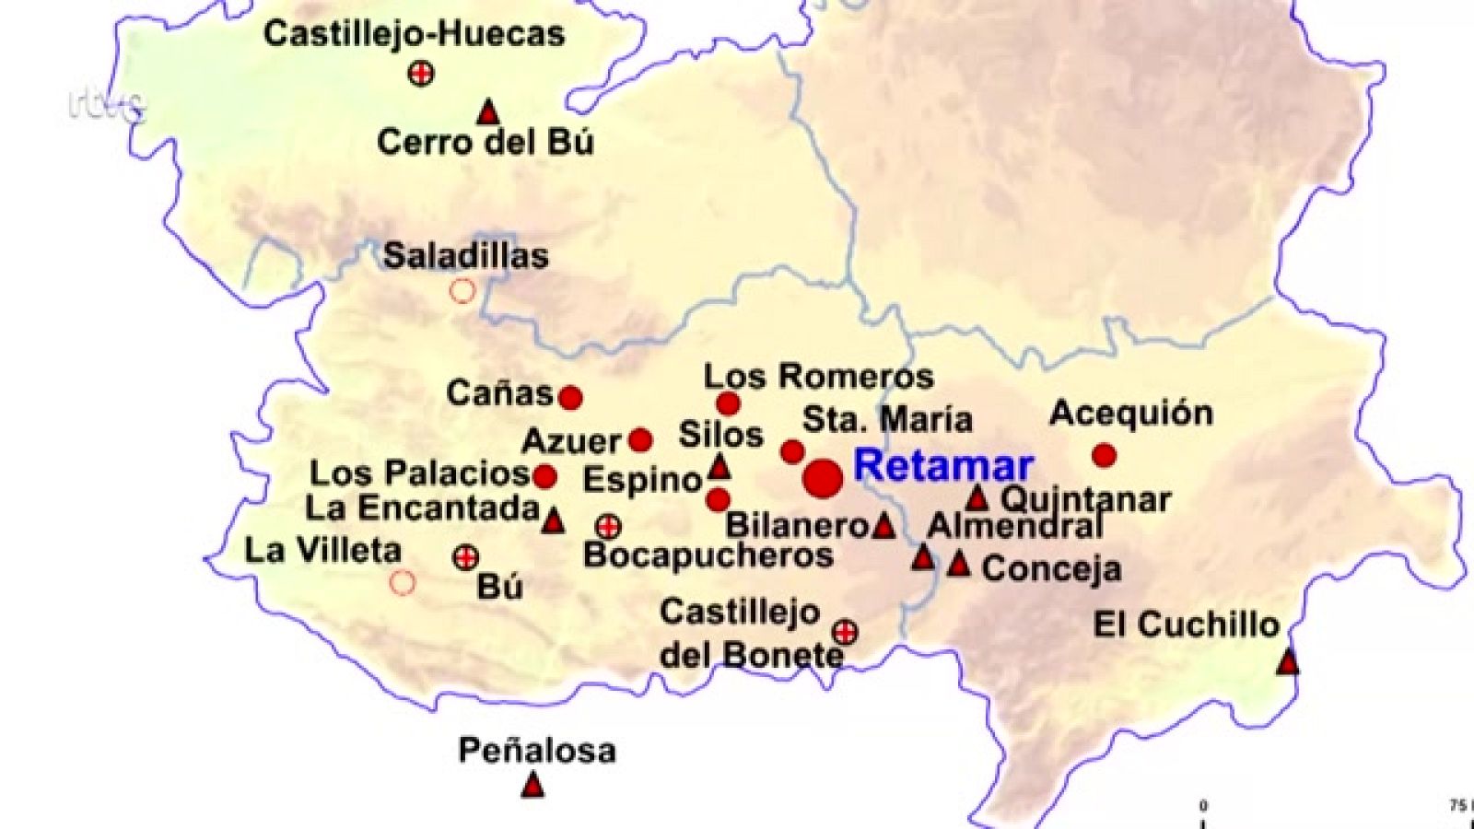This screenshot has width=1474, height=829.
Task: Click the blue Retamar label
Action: tap(943, 466)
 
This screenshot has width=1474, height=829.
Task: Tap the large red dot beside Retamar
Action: tap(823, 479)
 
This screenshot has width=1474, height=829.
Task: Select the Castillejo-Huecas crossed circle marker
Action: tap(421, 73)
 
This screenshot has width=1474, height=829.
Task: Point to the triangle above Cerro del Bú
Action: tap(488, 113)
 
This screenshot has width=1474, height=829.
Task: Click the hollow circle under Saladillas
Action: tap(462, 291)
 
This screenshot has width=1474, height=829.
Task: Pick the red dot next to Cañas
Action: tap(570, 398)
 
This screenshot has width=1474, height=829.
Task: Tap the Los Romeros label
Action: tap(818, 377)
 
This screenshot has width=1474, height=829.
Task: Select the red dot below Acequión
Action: tap(1104, 455)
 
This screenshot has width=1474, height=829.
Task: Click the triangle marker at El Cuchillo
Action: tap(1288, 661)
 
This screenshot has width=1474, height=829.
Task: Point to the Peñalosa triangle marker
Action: tap(532, 786)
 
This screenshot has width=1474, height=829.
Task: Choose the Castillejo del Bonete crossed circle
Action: tap(845, 632)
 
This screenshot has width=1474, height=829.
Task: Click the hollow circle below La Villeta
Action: tap(403, 582)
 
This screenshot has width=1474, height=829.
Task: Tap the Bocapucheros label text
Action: tap(708, 555)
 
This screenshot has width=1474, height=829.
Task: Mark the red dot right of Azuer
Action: tap(640, 440)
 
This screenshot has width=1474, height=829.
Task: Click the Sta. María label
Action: tap(887, 420)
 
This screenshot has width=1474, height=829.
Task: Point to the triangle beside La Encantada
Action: tap(553, 521)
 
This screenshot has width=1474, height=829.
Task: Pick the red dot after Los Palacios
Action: tap(544, 476)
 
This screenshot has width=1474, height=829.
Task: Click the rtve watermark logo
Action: tap(107, 103)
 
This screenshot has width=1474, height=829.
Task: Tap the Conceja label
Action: tap(1051, 568)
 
